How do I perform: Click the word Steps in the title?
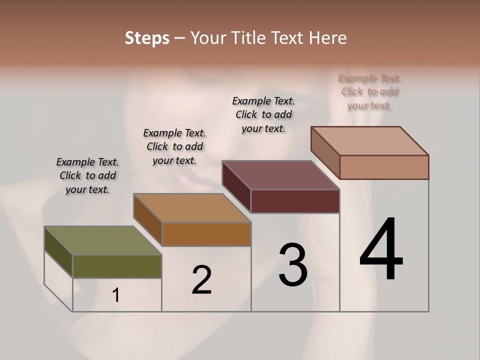click(x=147, y=38)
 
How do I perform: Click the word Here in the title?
click(x=328, y=38)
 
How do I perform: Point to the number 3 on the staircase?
click(x=292, y=265)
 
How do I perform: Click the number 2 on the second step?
click(x=201, y=280)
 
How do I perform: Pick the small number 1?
click(x=116, y=295)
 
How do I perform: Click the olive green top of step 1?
click(x=102, y=240)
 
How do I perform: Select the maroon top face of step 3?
click(x=280, y=175)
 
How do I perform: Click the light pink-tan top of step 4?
click(x=369, y=141)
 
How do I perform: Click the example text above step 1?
click(x=87, y=175)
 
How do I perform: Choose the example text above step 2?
click(x=174, y=146)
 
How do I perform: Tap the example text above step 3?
click(x=263, y=114)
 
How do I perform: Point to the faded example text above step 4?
click(x=369, y=91)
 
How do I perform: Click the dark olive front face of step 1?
click(x=117, y=266)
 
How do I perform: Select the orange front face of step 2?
click(x=206, y=234)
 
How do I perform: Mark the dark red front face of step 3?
click(x=295, y=201)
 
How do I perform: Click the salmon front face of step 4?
click(x=384, y=167)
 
